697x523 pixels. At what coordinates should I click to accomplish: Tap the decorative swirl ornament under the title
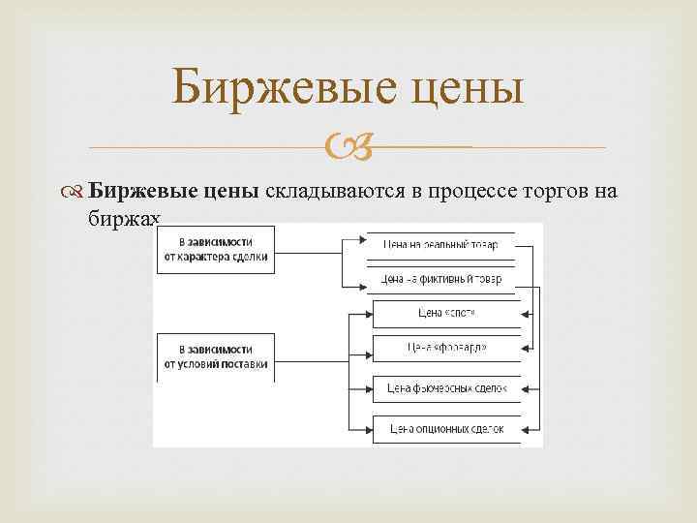[348, 148]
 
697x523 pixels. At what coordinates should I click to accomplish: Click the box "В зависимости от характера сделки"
[216, 250]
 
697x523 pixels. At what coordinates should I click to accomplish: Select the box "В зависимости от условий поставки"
[216, 355]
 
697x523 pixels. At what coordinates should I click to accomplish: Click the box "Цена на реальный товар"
[440, 244]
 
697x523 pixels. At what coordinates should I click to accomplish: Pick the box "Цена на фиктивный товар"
[440, 279]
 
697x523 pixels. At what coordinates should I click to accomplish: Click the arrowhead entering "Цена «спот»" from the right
[527, 314]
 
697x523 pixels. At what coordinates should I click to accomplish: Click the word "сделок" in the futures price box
[488, 388]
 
